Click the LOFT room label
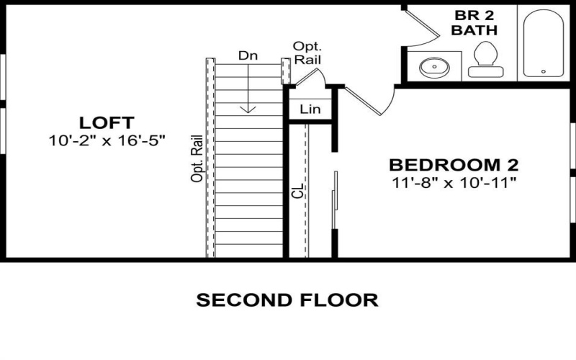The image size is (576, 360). [107, 122]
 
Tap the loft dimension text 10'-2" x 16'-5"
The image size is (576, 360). [108, 141]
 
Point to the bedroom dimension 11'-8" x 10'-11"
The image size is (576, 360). [454, 182]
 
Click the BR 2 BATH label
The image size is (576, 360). [474, 23]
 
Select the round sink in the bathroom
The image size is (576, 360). [434, 68]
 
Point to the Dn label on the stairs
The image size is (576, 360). [248, 55]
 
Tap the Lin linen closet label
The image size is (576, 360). [310, 110]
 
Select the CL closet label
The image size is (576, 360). [298, 191]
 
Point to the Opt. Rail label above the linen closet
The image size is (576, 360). [302, 53]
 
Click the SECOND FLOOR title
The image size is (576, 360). [287, 300]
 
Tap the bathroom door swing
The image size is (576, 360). [421, 25]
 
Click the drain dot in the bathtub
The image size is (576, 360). [544, 71]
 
